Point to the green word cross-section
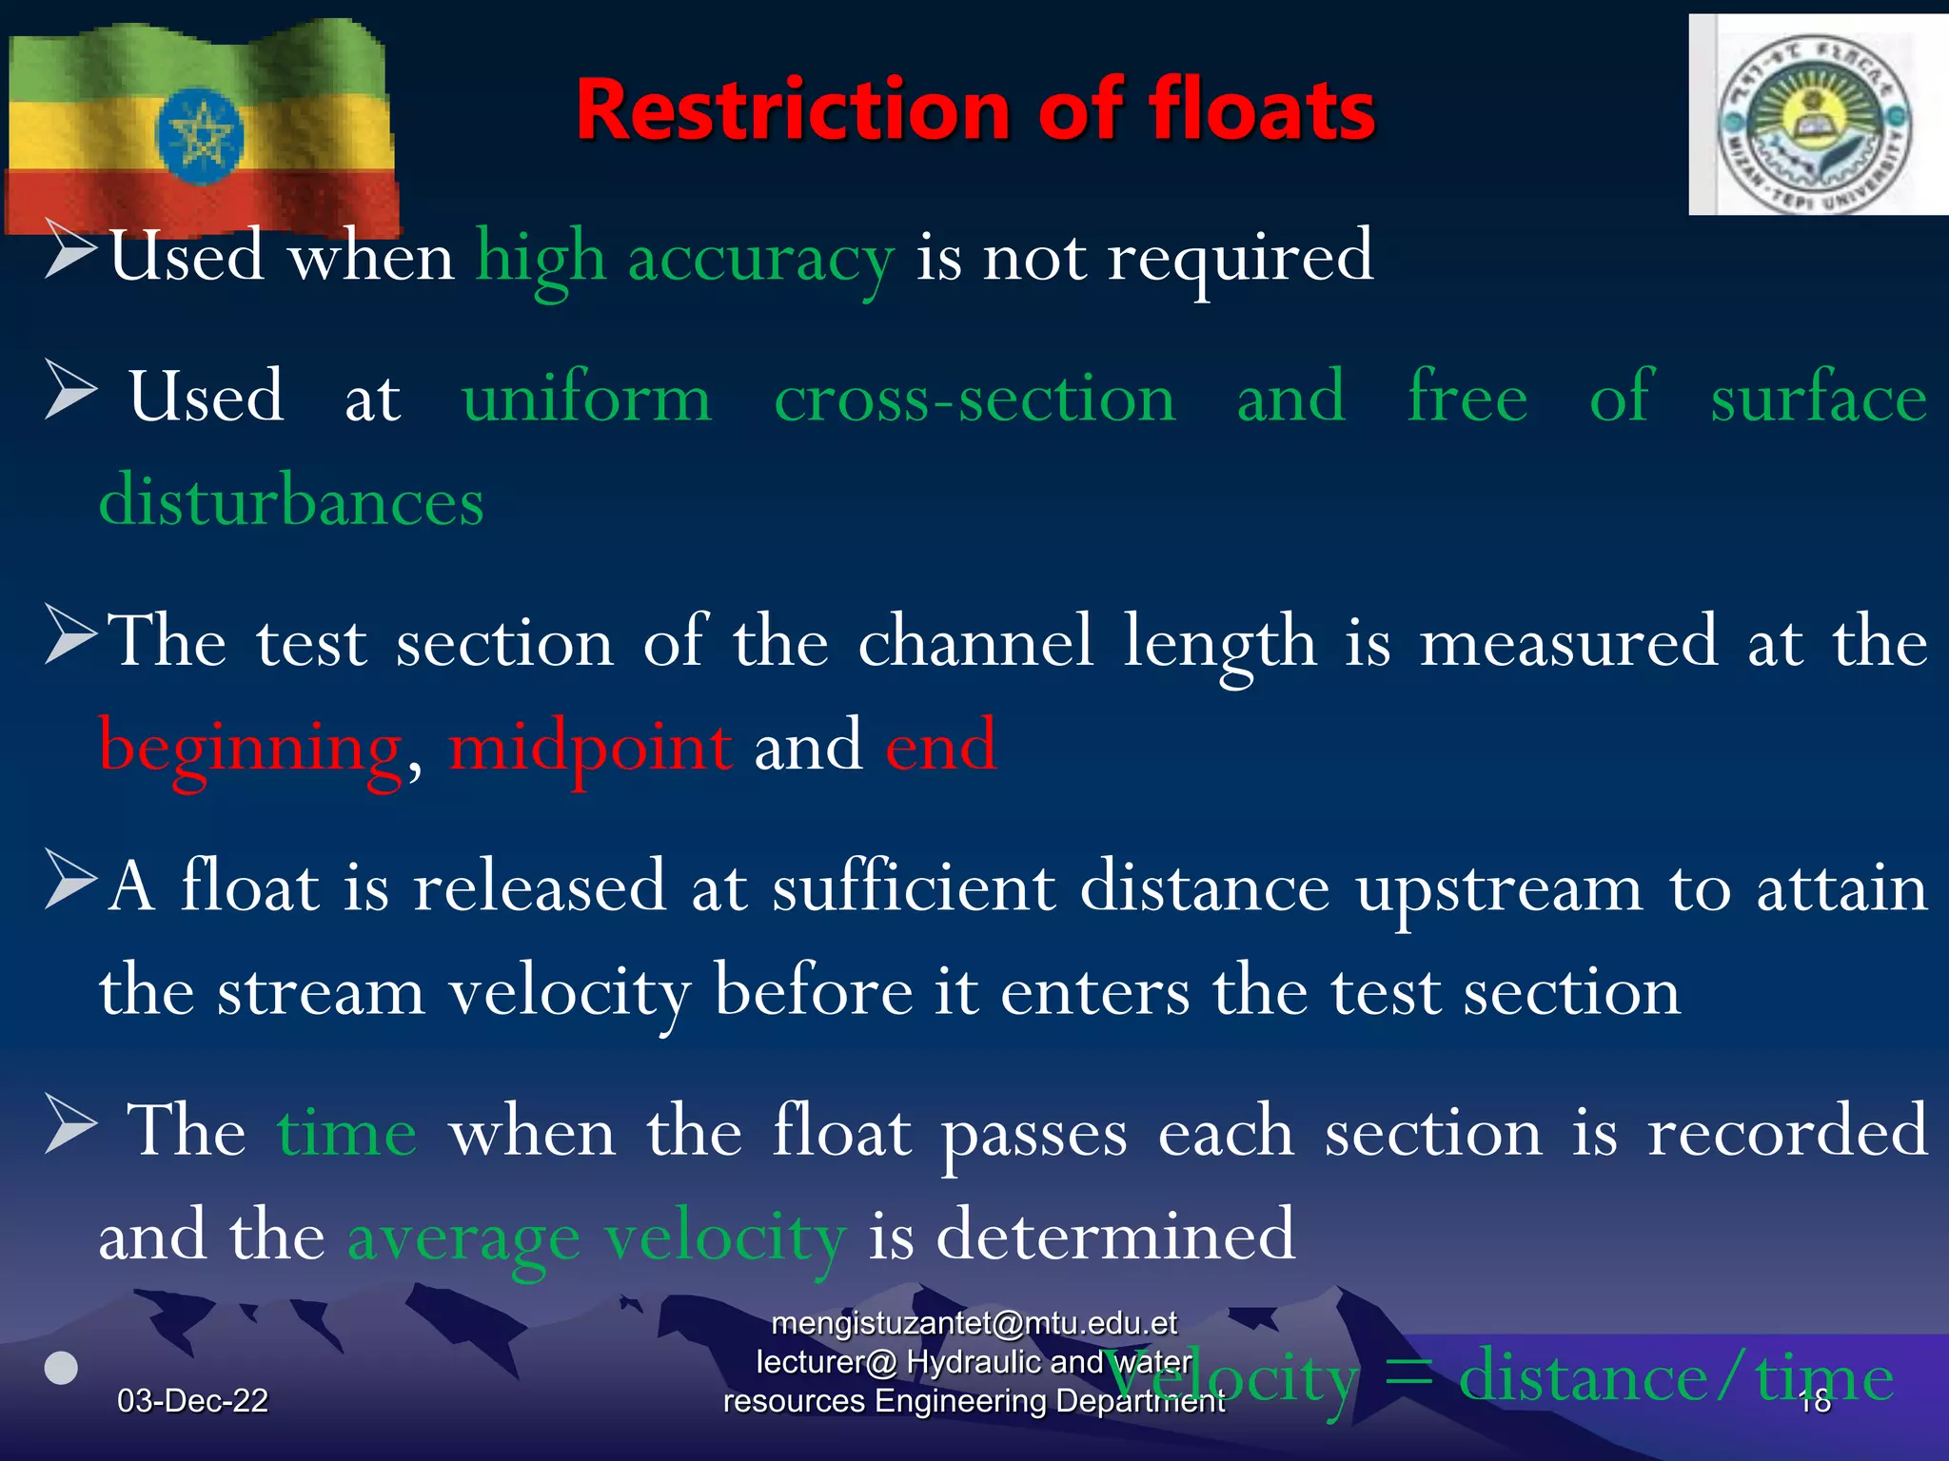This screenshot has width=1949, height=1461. click(974, 398)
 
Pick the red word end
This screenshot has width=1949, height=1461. click(941, 746)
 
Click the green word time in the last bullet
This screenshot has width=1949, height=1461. click(346, 1133)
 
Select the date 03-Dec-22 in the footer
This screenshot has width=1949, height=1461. click(192, 1400)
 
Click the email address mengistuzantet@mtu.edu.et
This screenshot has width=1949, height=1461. click(974, 1323)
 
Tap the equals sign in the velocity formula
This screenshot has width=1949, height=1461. click(1408, 1377)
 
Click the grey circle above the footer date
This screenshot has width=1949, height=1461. click(62, 1368)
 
